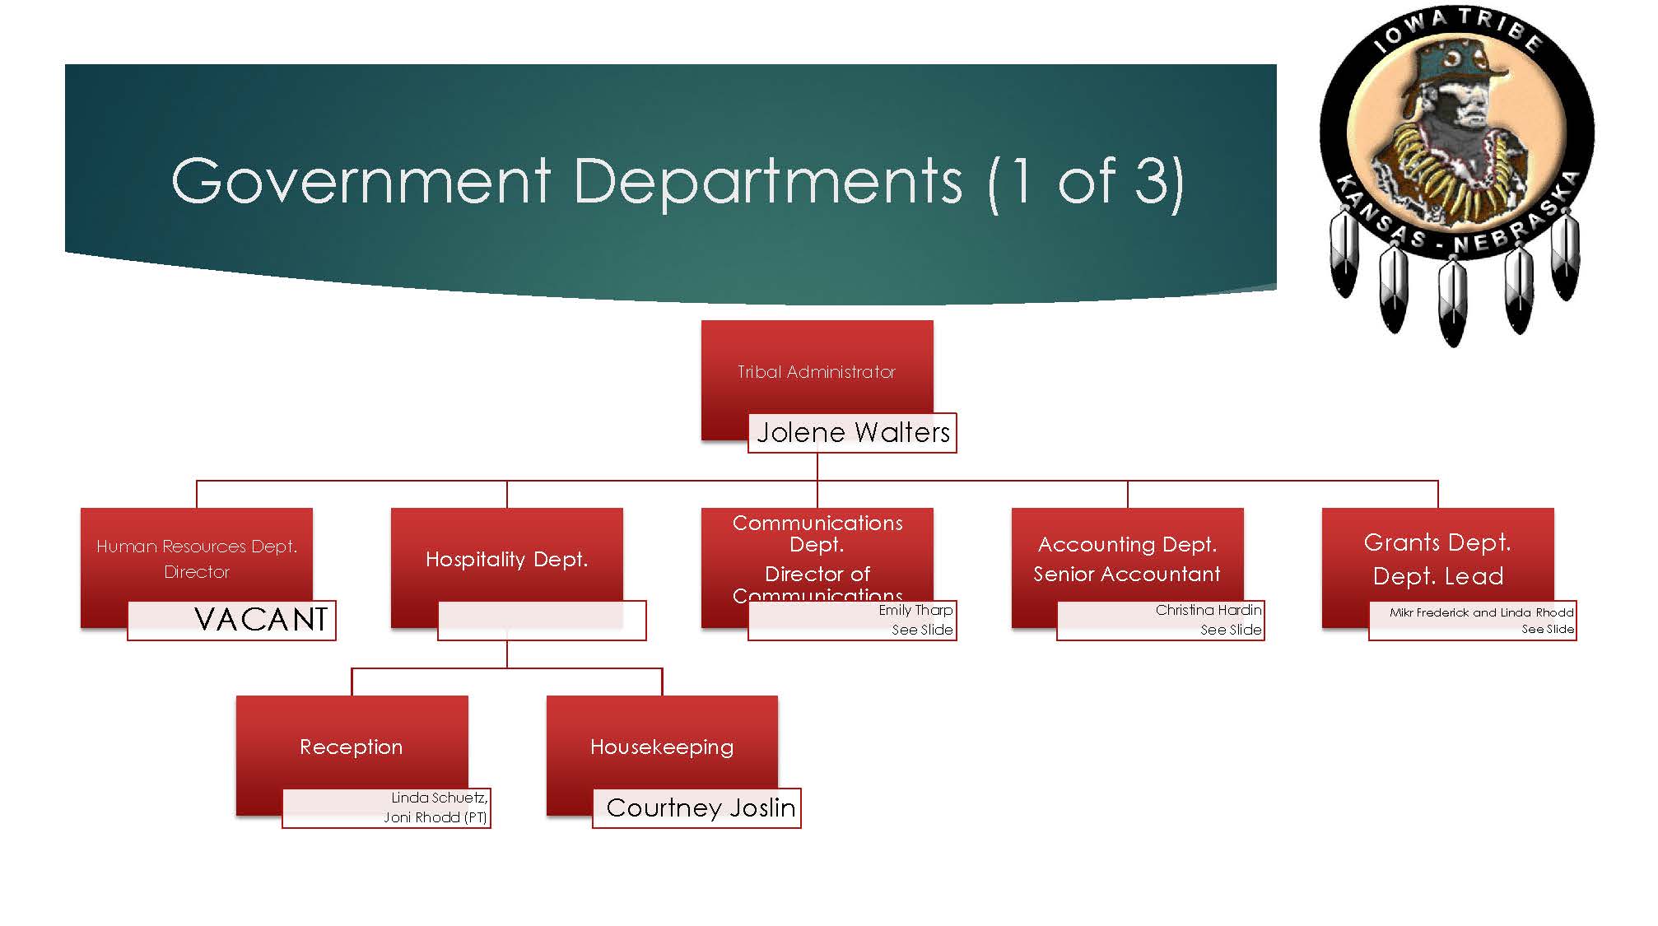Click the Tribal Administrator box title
coord(816,372)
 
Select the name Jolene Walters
coord(853,433)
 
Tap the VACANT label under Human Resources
coord(261,620)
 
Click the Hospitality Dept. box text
coord(506,560)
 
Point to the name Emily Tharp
coord(915,610)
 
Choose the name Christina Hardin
coord(1208,610)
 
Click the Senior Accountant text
coord(1126,574)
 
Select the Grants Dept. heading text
coord(1437,542)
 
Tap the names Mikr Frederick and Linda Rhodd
coord(1481,612)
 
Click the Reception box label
coord(352,747)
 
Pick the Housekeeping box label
coord(662,747)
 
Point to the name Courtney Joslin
coord(701,808)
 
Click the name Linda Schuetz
coord(439,798)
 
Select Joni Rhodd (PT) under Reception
coord(435,817)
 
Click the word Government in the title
coord(361,181)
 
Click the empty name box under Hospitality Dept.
coord(542,621)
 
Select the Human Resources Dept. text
coord(197,547)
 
